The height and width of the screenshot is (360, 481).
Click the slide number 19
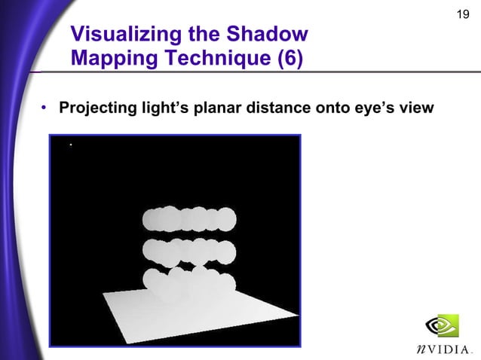click(x=464, y=15)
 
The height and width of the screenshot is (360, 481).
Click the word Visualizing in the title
click(x=120, y=35)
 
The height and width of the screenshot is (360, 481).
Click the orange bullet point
click(x=45, y=109)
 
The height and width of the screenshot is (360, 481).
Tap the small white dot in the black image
click(x=70, y=145)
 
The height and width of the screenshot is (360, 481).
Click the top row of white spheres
click(x=189, y=219)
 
